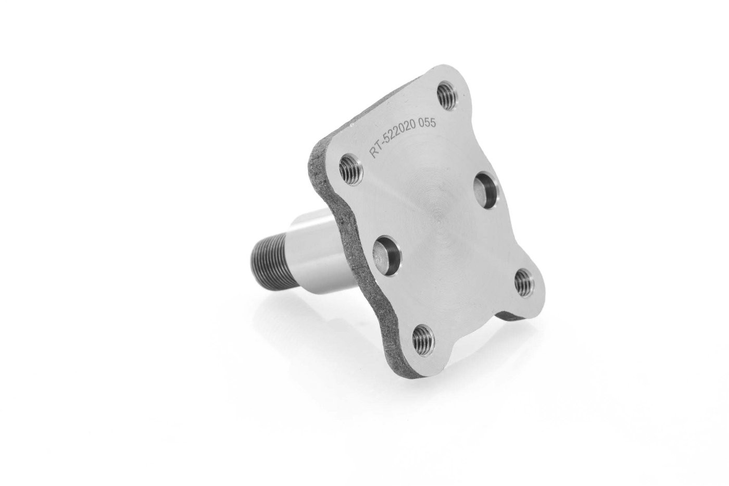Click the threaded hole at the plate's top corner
point(447,96)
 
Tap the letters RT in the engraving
point(373,151)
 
